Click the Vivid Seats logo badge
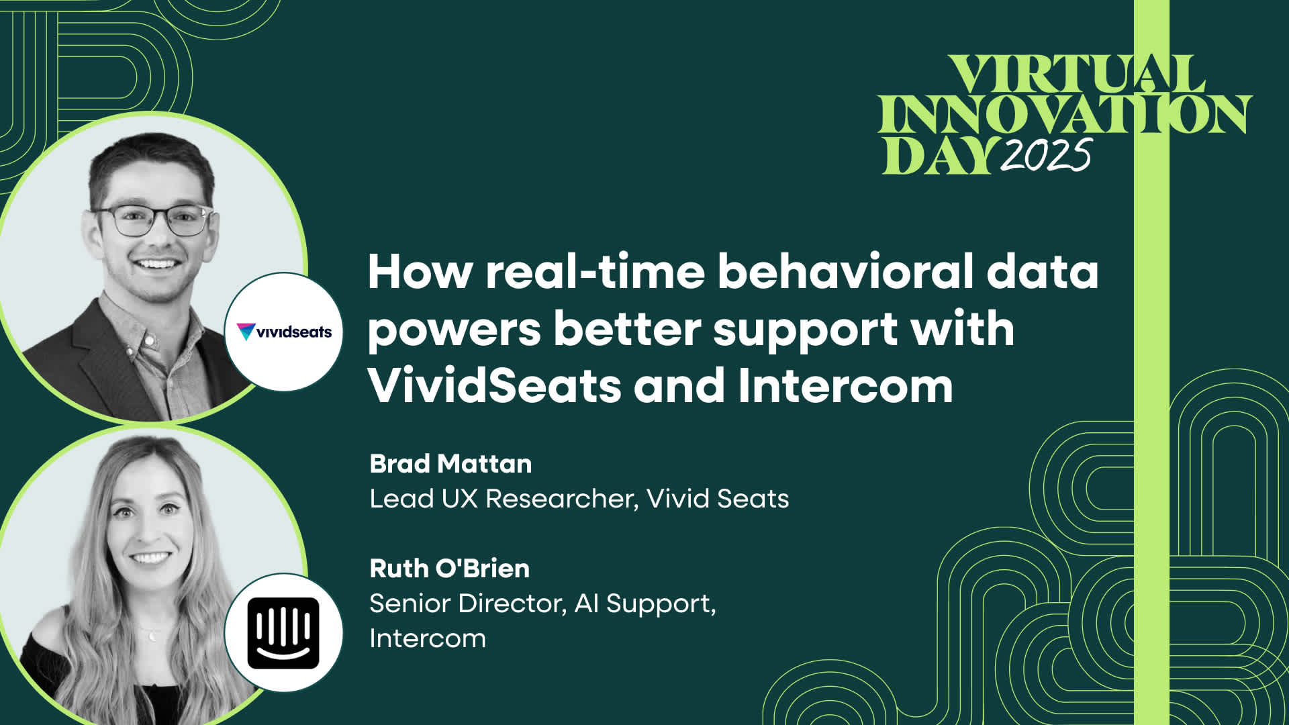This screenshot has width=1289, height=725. point(284,332)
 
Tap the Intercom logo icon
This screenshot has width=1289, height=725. point(283,632)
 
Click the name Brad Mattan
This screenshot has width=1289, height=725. point(450,464)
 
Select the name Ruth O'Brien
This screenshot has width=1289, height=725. point(449,569)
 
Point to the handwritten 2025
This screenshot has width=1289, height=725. point(1045,156)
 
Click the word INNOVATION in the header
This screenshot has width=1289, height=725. point(1064,114)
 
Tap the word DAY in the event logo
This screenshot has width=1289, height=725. point(938,156)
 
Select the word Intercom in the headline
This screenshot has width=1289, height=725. point(845,386)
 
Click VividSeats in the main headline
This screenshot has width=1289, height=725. point(494,386)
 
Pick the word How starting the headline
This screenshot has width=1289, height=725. point(420,272)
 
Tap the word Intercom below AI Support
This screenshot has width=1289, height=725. point(428,638)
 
